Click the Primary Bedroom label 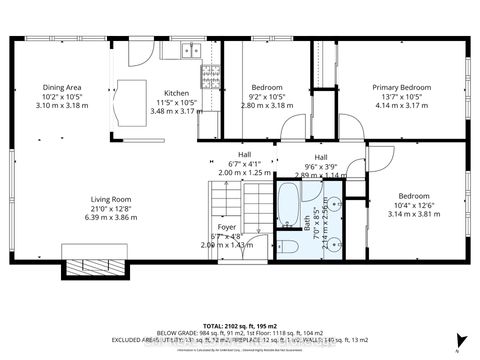coord(401,87)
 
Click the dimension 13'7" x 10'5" coord(401,96)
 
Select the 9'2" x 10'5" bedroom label coord(266,96)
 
